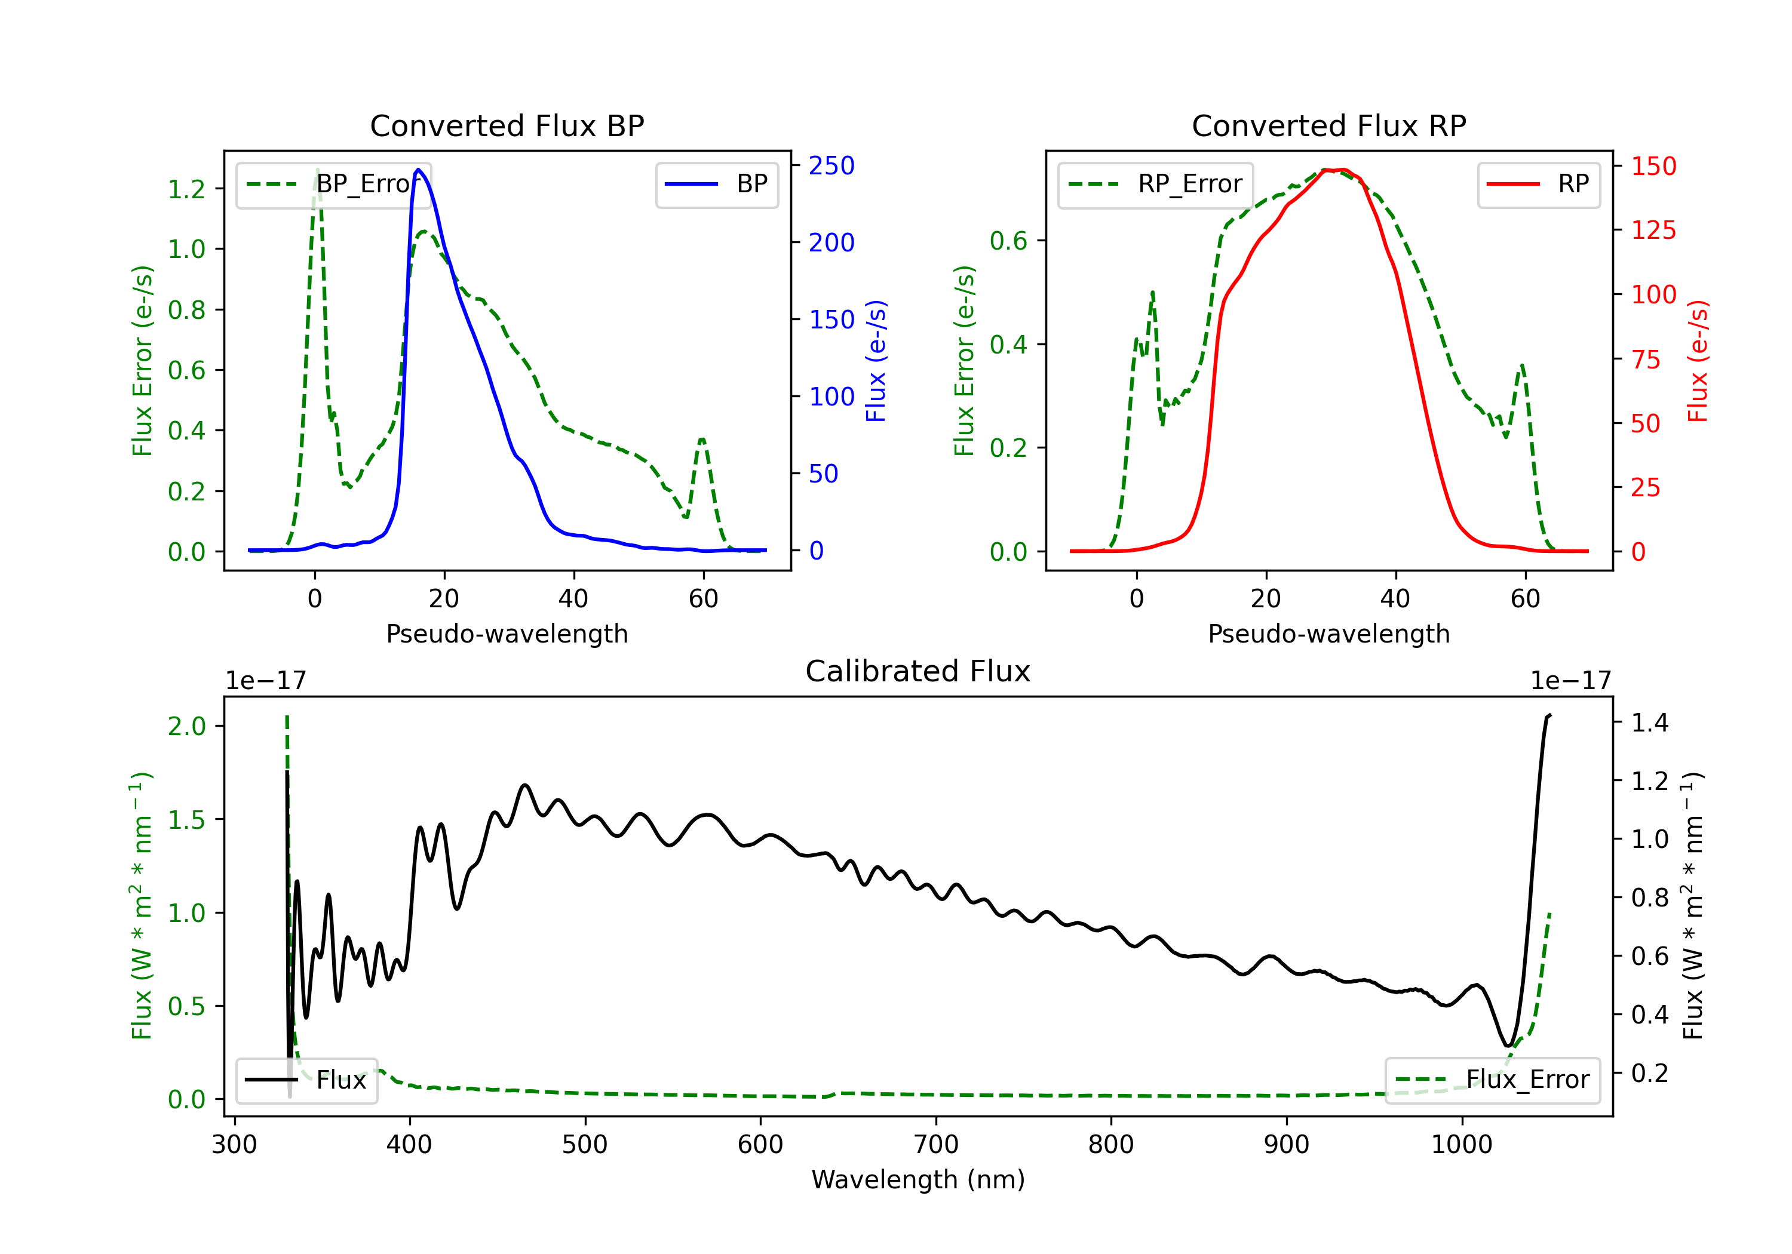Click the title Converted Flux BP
pos(507,125)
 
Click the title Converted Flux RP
pos(1328,125)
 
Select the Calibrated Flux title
pos(918,671)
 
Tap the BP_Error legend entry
pos(333,184)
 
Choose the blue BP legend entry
pos(716,184)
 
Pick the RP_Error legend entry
pos(1155,184)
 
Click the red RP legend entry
pos(1538,184)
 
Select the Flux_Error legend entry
pos(1492,1080)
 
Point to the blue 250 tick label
pos(832,165)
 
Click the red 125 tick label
pos(1654,230)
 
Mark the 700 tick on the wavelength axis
pos(936,1145)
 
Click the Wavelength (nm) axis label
pos(918,1180)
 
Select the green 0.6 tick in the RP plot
pos(1008,240)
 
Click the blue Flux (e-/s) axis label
pos(876,361)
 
